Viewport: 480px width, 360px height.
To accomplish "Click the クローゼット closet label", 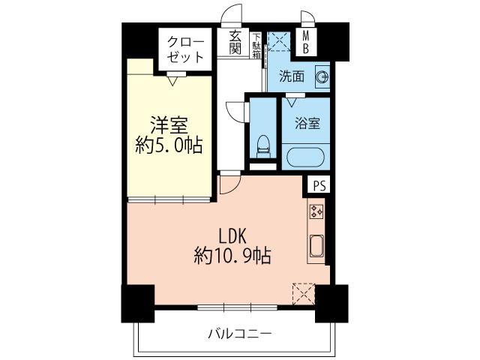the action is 185,49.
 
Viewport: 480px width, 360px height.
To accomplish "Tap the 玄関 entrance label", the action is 235,43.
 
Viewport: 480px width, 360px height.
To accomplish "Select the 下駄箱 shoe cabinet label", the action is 256,45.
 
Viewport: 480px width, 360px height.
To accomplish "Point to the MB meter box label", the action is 306,43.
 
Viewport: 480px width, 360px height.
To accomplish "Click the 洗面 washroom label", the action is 292,76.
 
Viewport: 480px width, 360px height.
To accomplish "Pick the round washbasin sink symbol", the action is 322,77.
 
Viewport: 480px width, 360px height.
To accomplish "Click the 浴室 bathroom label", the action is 307,123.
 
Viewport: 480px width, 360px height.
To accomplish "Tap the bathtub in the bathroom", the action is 305,157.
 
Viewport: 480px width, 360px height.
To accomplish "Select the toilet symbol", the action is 263,146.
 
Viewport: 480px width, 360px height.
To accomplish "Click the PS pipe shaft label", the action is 320,185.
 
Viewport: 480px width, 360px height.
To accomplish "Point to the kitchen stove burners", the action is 316,211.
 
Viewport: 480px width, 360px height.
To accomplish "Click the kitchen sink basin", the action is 316,246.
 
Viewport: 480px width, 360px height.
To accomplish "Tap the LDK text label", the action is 232,236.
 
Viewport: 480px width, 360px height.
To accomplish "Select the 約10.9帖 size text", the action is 232,256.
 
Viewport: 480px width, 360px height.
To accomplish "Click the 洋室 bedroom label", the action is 169,125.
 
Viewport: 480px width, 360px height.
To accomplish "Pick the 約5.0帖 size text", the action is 169,145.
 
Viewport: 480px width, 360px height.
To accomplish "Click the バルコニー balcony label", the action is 240,333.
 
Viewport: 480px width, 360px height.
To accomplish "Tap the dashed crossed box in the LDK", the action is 304,294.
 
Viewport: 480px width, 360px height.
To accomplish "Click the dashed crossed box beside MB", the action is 279,41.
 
